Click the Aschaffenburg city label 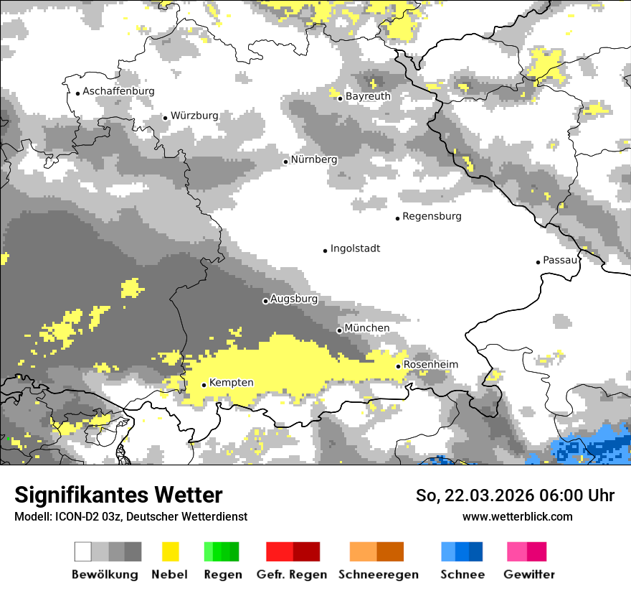(x=118, y=91)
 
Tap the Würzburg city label (x=194, y=116)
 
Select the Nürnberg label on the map (x=314, y=159)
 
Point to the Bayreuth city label (x=368, y=96)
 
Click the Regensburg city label (x=432, y=216)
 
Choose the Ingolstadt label (x=355, y=248)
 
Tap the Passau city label (x=560, y=260)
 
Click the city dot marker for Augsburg (x=265, y=301)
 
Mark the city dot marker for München (x=339, y=330)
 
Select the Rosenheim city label (x=430, y=365)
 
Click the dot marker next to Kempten (x=204, y=385)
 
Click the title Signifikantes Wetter (x=118, y=495)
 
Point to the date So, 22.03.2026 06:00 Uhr (x=515, y=495)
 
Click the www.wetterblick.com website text (x=517, y=516)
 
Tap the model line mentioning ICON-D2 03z (x=131, y=516)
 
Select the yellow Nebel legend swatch (x=170, y=551)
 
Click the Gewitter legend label (x=528, y=574)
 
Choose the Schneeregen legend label (x=379, y=574)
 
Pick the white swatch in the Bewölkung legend (x=83, y=551)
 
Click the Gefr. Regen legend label (x=291, y=574)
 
